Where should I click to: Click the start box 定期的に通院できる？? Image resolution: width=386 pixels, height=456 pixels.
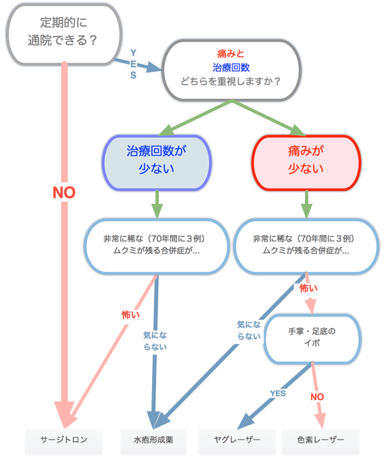point(64,34)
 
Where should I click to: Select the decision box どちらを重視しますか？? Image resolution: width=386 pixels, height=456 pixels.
point(232,70)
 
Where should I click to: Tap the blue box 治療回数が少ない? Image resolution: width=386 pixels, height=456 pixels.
point(157,163)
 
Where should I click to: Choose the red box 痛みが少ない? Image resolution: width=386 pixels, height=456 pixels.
point(306,163)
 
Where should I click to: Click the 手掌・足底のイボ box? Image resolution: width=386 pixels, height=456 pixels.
point(312,339)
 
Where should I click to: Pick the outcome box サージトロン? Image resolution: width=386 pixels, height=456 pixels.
point(64,439)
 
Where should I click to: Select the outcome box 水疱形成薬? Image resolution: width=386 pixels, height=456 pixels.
point(153,439)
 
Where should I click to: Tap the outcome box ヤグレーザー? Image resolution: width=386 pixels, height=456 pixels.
point(237,439)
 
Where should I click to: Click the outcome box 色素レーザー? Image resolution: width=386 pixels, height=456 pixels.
point(320,439)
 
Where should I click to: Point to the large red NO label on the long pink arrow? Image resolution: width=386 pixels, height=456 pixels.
point(64,192)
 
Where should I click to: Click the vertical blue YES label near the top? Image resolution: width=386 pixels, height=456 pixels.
point(134,64)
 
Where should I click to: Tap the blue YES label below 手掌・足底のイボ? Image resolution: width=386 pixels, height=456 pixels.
point(278,394)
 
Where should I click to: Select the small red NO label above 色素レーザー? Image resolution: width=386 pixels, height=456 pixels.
point(317,397)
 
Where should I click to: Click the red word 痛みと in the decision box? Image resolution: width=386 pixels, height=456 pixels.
point(231,54)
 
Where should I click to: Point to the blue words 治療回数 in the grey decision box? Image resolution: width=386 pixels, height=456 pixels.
point(231,68)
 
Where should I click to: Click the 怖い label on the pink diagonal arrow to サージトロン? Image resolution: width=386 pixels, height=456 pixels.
point(131,315)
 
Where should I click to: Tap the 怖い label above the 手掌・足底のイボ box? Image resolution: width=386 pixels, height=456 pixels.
point(308,288)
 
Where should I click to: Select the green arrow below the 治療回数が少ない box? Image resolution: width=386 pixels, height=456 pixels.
point(157,204)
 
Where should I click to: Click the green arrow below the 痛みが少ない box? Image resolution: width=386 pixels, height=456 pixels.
point(306,204)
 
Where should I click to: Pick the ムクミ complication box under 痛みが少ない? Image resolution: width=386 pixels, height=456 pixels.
point(306,246)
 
